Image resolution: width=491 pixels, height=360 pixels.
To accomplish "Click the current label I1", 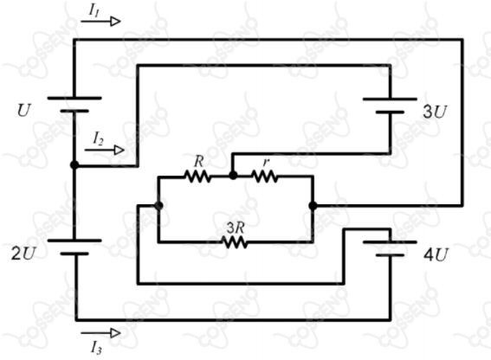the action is coord(94,10).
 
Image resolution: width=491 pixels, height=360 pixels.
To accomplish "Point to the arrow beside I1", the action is coord(100,22).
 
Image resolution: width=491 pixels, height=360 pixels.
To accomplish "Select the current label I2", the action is coord(99,138).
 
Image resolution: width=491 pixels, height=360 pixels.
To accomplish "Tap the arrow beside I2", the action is coord(105,150).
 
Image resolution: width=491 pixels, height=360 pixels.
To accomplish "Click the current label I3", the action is coord(96,348).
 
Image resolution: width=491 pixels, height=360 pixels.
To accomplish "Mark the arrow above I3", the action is coord(100,333).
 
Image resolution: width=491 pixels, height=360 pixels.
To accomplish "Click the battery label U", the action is coord(24,110).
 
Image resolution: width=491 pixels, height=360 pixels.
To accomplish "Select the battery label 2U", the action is coord(23,254).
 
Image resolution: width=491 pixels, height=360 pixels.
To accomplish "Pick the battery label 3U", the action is coord(435,112).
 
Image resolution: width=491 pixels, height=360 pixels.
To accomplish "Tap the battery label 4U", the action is coord(436,254).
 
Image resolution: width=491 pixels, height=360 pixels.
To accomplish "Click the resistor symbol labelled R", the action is coord(198,177).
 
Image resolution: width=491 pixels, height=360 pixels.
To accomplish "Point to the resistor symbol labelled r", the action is coord(265,177).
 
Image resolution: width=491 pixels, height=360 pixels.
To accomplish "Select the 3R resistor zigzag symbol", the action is coord(235,242).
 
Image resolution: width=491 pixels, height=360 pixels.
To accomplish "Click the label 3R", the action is coord(236,228).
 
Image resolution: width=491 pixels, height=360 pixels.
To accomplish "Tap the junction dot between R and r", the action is coord(233,176).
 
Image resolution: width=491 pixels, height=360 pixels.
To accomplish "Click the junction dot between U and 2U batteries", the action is coord(74,164).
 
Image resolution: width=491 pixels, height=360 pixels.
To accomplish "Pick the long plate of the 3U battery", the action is coord(390,100).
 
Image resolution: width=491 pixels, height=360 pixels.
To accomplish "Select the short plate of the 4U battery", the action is coord(390,255).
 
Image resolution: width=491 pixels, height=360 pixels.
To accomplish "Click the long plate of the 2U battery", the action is coord(74,241).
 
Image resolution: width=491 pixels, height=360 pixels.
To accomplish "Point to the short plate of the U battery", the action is coord(74,111).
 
